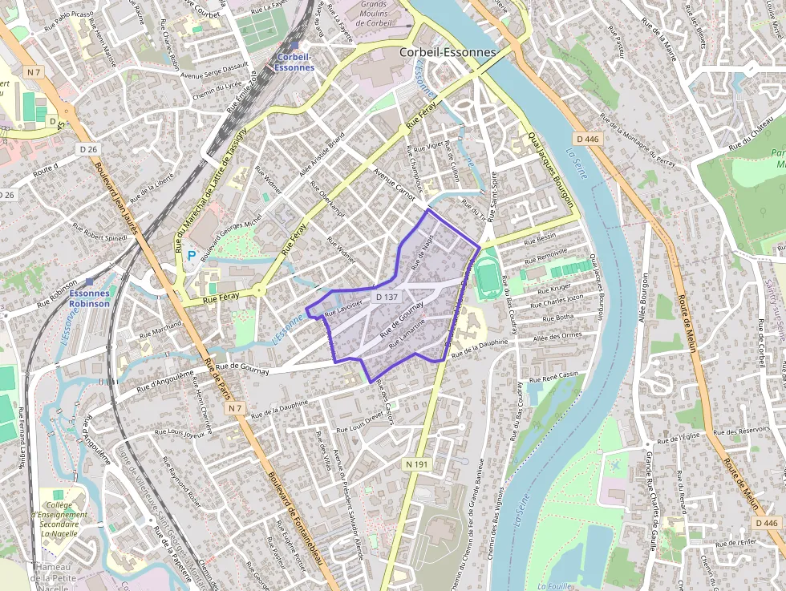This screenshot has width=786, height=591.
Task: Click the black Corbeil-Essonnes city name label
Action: (x=448, y=53)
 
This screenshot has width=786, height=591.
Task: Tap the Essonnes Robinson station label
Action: (x=89, y=299)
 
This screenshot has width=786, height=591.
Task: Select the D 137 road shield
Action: (x=387, y=297)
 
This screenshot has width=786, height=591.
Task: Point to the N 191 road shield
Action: (x=415, y=464)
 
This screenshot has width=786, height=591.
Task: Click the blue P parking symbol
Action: (x=191, y=255)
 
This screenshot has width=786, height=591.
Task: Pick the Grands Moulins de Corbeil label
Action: (x=373, y=14)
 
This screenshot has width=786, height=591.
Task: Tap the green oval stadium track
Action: (x=486, y=274)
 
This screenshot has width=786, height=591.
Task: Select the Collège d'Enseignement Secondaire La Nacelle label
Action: (x=59, y=519)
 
